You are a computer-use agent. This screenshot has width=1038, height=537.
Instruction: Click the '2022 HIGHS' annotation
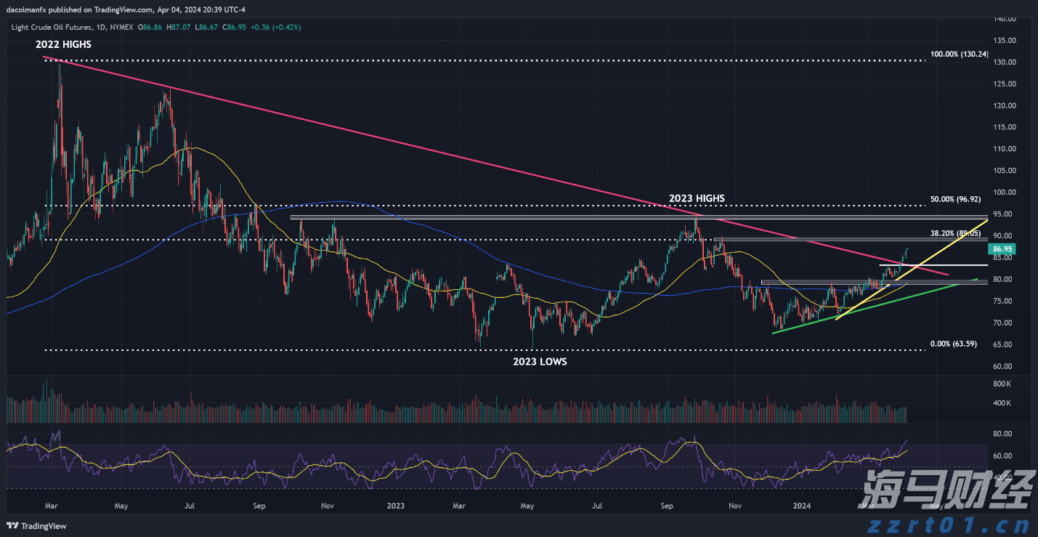pos(63,44)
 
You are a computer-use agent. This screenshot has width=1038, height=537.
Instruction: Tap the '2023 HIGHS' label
pos(697,198)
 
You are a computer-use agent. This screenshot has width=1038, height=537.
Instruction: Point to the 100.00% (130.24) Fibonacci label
pos(959,54)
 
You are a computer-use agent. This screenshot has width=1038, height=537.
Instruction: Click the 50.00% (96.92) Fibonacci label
pos(954,198)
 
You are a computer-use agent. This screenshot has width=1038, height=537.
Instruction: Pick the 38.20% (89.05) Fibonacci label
pos(955,233)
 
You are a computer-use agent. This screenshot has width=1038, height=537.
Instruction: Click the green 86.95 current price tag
pos(1002,249)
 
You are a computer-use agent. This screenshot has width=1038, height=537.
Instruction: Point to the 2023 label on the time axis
pos(395,505)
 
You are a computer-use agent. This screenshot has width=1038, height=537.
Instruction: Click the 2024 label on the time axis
pos(801,505)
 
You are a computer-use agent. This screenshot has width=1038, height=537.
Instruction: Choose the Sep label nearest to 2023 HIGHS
pos(665,505)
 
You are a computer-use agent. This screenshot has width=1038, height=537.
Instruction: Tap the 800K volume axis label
pos(1002,383)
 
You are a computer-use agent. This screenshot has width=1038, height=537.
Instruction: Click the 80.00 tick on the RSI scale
pos(1002,434)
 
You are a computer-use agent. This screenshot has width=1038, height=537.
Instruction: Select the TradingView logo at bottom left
pos(37,525)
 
